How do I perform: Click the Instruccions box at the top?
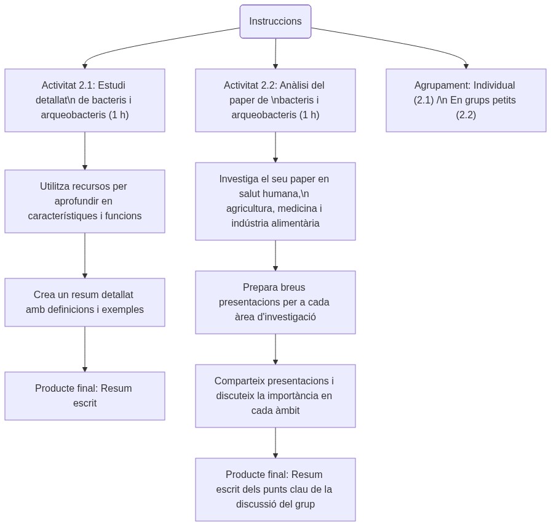(x=275, y=22)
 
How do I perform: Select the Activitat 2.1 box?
(x=85, y=100)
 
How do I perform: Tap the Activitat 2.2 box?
(x=275, y=100)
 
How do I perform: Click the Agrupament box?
(x=466, y=100)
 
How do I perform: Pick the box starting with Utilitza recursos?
(x=85, y=201)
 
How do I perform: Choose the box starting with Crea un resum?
(x=85, y=302)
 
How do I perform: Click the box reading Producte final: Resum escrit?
(x=85, y=396)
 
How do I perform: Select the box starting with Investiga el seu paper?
(x=275, y=201)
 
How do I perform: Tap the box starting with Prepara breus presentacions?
(x=275, y=302)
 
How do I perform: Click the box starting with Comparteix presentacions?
(x=275, y=396)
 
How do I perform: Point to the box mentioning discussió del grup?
(x=275, y=490)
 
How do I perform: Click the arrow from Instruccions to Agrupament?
(x=400, y=42)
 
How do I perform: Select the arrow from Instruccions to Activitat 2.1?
(x=154, y=43)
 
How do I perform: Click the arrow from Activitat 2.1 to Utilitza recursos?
(x=85, y=151)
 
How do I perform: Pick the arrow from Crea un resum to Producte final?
(x=85, y=349)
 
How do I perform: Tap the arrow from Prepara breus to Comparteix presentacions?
(x=275, y=349)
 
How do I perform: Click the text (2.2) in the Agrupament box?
(x=466, y=115)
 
